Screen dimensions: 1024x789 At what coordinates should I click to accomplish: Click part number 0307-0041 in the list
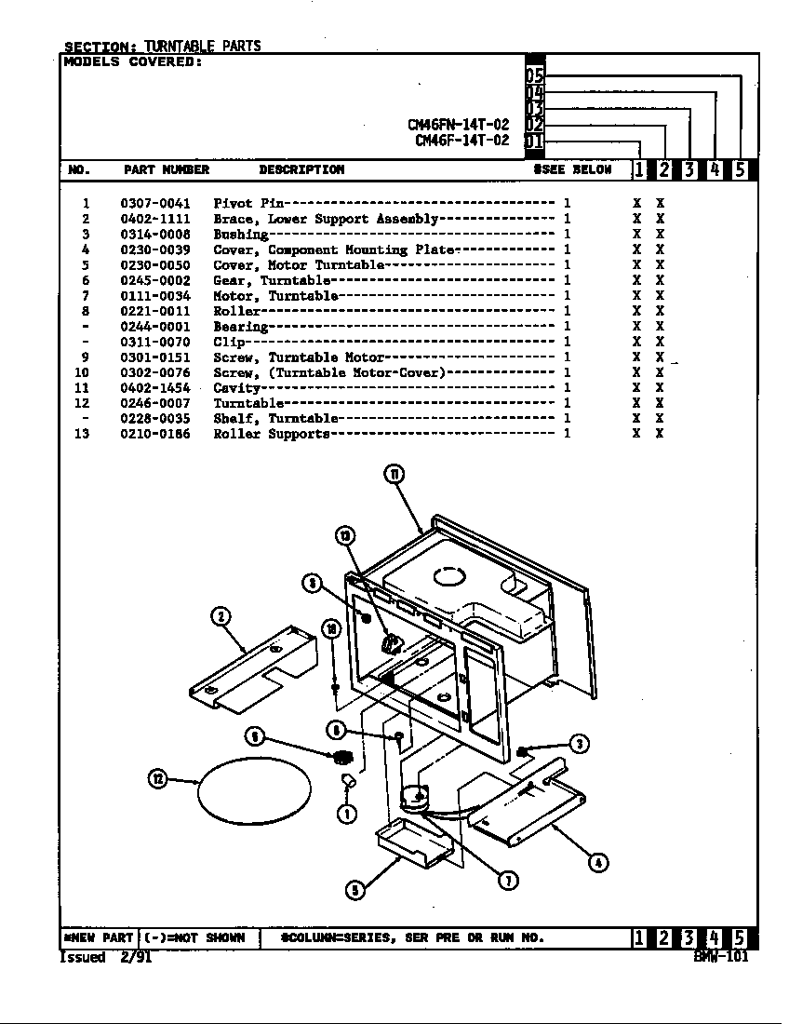click(x=154, y=204)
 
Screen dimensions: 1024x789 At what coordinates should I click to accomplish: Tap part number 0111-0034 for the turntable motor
click(x=154, y=296)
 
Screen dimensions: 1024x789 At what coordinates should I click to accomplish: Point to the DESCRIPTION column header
click(x=301, y=170)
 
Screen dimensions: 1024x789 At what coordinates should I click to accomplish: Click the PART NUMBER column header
click(x=167, y=170)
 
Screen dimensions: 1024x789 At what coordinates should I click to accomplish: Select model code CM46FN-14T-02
click(x=458, y=125)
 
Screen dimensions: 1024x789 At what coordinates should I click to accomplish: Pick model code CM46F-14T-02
click(x=461, y=141)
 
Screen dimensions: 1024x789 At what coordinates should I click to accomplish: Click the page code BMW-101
click(x=720, y=956)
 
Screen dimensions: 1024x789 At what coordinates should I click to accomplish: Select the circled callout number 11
click(x=394, y=475)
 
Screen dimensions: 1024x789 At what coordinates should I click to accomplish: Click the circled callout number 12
click(x=158, y=778)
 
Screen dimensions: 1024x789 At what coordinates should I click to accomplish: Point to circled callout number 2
click(x=221, y=616)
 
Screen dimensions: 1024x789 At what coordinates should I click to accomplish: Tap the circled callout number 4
click(x=599, y=862)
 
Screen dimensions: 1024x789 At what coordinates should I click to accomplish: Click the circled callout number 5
click(x=354, y=890)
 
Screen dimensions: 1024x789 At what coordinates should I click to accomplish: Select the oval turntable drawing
click(x=254, y=789)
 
